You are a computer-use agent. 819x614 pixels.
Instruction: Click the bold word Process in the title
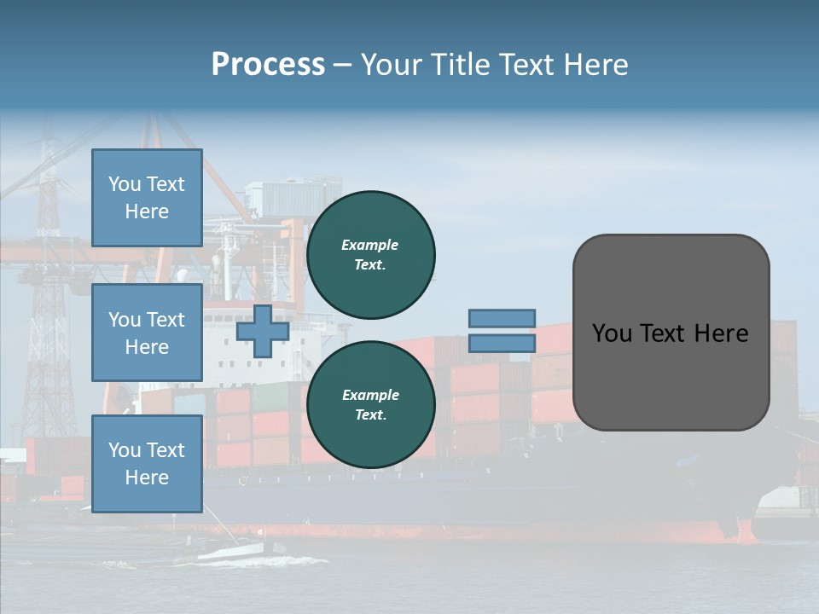tap(268, 65)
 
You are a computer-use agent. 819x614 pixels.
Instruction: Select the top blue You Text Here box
tap(147, 198)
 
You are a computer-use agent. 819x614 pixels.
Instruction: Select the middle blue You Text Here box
tap(147, 333)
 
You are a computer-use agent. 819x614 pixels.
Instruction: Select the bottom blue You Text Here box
tap(147, 464)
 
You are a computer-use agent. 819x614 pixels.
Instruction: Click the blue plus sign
tap(263, 332)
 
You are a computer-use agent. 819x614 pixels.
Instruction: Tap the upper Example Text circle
tap(370, 254)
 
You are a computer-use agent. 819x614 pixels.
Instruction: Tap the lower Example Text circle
tap(370, 404)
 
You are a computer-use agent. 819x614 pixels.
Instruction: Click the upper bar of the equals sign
tap(502, 318)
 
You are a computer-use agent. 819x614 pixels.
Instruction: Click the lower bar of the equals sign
tap(502, 343)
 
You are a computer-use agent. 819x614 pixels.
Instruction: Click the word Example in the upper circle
tap(370, 245)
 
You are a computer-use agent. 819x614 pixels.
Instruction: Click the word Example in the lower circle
tap(370, 395)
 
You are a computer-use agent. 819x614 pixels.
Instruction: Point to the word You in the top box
tap(125, 184)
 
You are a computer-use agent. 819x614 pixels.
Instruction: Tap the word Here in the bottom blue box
tap(147, 478)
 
